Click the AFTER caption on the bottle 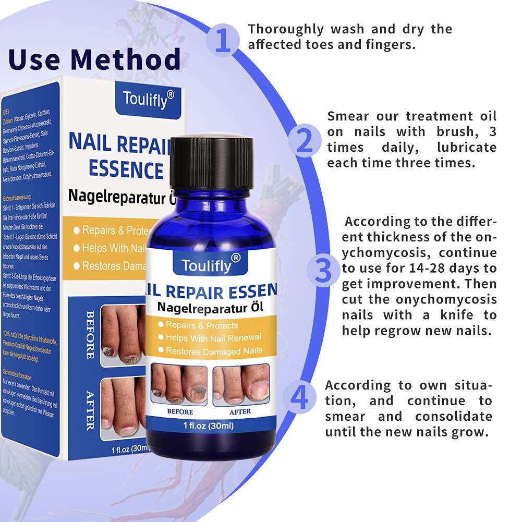coord(239,411)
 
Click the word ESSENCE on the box coord(125,170)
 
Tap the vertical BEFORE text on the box coord(89,334)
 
